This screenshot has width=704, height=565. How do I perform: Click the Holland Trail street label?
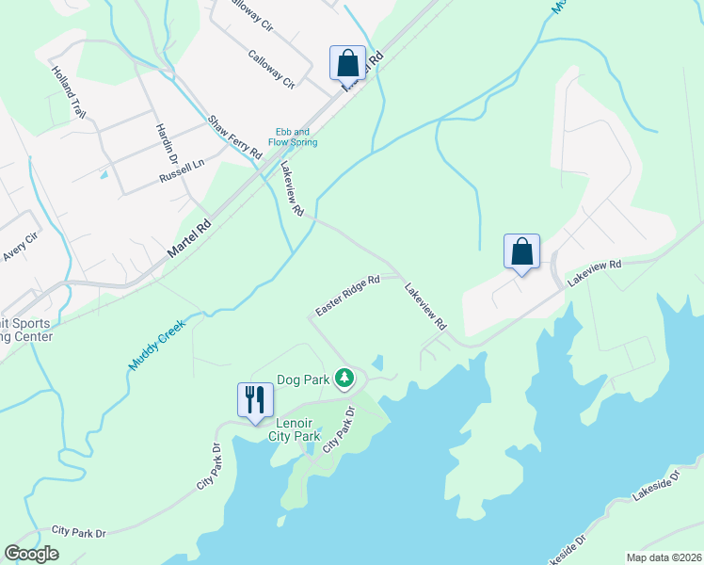click(69, 91)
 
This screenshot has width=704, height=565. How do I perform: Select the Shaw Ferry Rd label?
click(234, 137)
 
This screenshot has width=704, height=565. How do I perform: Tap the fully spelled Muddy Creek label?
click(157, 343)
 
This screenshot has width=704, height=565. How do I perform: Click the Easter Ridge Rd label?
click(346, 296)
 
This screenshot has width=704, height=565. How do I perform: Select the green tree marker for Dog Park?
click(345, 379)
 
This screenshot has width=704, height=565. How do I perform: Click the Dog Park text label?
click(301, 380)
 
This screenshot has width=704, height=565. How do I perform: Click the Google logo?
click(31, 554)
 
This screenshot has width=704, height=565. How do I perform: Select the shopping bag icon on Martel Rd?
click(347, 63)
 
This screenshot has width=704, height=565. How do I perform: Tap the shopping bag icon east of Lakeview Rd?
click(521, 251)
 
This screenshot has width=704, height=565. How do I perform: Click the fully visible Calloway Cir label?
click(271, 69)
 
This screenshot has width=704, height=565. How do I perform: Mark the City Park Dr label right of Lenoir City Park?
click(341, 429)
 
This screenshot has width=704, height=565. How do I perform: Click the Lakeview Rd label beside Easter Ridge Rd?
click(425, 307)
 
